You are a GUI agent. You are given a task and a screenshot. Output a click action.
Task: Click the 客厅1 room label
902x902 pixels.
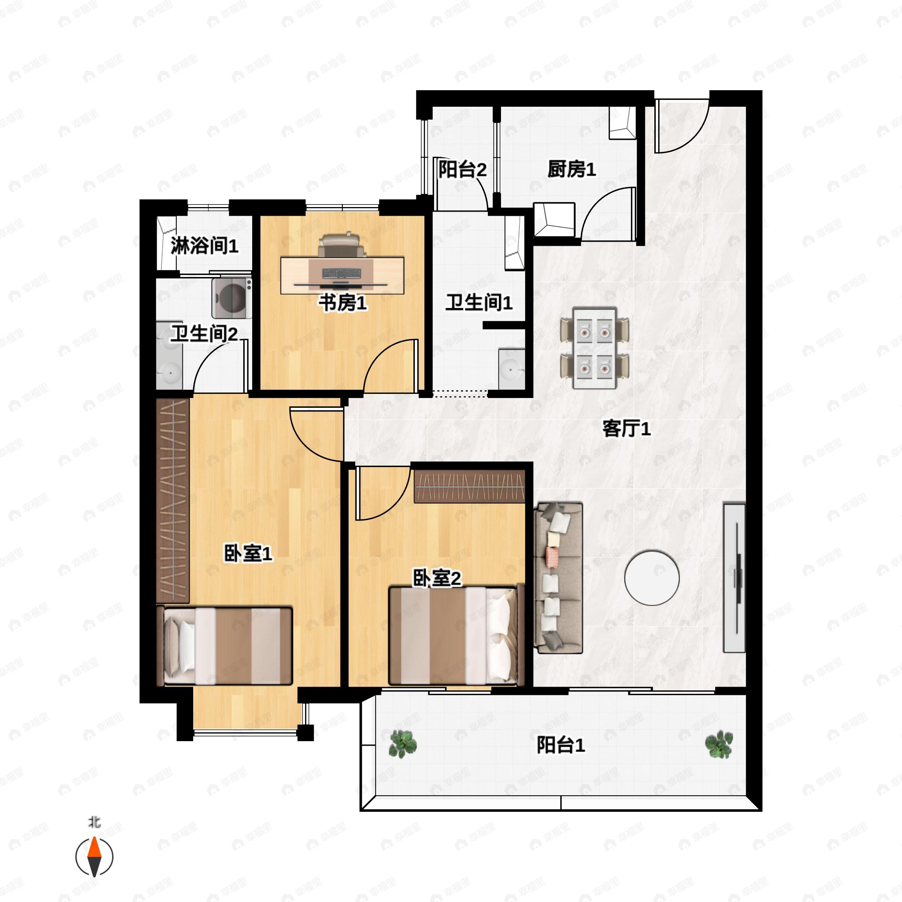[626, 428]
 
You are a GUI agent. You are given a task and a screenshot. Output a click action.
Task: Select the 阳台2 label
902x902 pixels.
[462, 170]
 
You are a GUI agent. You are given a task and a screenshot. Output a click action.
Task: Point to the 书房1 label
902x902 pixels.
[342, 303]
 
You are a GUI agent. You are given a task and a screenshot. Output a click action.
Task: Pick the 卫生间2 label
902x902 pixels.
[204, 334]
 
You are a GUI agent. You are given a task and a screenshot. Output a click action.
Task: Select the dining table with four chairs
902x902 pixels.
[594, 348]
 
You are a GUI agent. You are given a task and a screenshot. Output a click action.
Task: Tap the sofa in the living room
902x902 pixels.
[559, 578]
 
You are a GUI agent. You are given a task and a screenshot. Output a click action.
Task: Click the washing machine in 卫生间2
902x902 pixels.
[232, 298]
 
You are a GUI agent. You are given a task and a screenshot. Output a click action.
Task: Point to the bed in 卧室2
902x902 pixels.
[453, 636]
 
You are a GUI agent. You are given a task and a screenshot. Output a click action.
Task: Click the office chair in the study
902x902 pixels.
[339, 244]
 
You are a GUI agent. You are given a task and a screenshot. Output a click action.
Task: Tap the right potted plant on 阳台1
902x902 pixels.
[719, 744]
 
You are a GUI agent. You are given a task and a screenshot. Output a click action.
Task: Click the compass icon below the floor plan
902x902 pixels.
[94, 857]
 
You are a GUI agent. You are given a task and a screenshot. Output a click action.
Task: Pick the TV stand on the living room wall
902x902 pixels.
[734, 578]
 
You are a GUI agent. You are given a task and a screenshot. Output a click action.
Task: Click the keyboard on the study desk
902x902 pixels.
[341, 273]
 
